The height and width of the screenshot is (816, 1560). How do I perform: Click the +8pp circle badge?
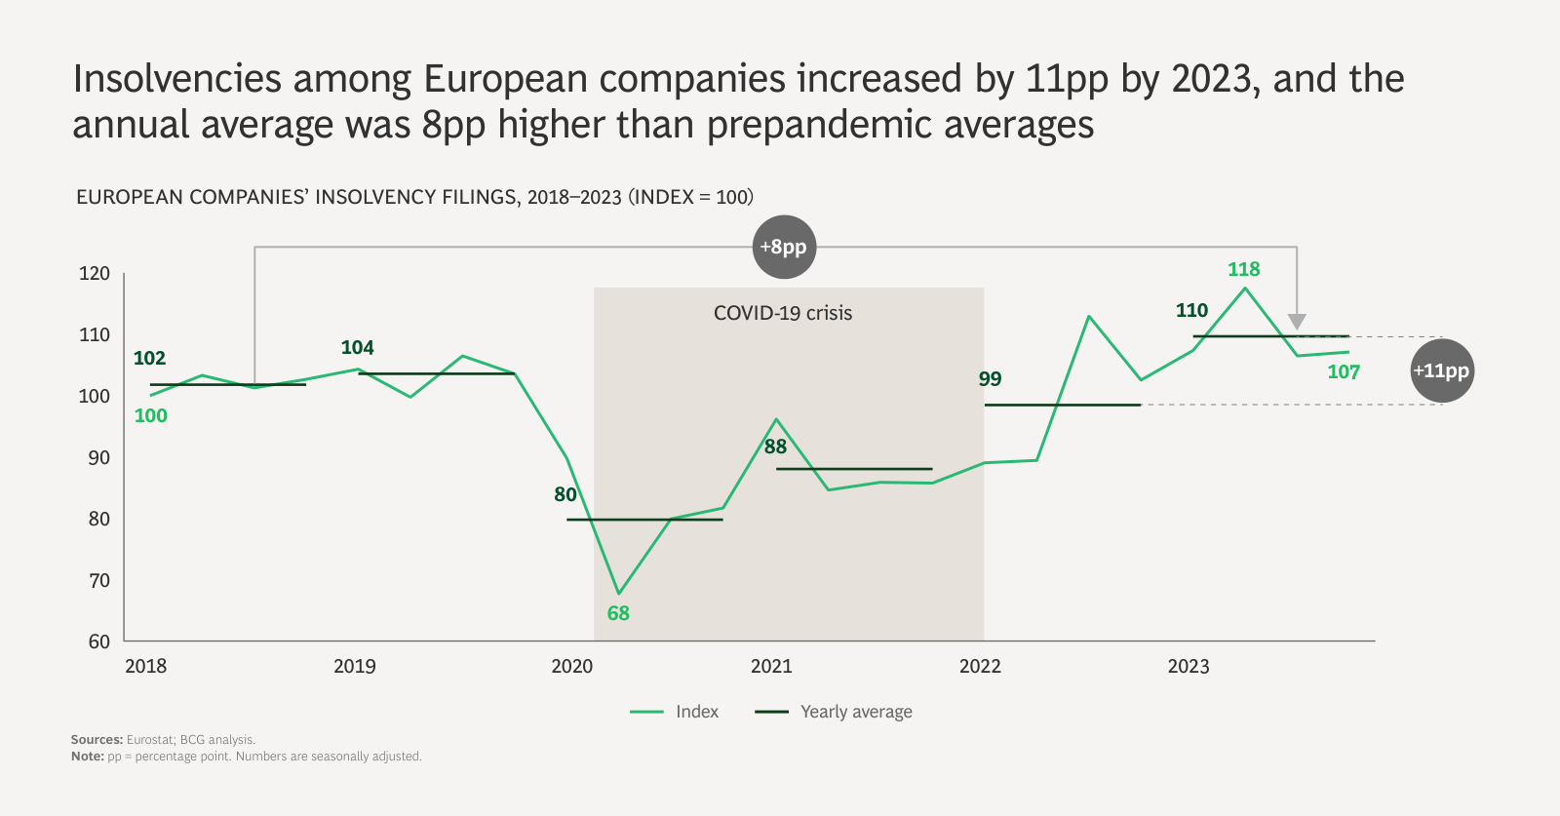(x=784, y=247)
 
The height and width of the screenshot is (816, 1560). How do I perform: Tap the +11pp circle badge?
(x=1441, y=370)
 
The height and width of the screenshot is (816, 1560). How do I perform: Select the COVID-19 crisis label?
(x=783, y=313)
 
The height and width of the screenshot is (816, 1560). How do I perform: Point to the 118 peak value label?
(x=1243, y=269)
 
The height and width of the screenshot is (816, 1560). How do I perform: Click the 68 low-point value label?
(x=618, y=613)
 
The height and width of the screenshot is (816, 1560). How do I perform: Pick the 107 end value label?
(x=1343, y=371)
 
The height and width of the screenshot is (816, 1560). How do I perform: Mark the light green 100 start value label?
(x=151, y=415)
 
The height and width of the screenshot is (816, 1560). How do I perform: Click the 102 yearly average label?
(x=149, y=358)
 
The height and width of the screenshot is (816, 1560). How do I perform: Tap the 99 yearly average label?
(x=990, y=378)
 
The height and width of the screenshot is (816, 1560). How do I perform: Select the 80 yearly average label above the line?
(x=565, y=494)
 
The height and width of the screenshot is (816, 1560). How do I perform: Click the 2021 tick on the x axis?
(x=771, y=666)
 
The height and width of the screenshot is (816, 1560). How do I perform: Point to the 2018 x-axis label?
(x=146, y=666)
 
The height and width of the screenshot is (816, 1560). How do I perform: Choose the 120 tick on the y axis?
(x=95, y=273)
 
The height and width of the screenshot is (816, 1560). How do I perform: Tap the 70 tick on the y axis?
(x=99, y=580)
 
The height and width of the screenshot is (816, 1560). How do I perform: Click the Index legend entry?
(x=675, y=712)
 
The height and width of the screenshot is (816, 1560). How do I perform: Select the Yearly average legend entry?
(x=835, y=712)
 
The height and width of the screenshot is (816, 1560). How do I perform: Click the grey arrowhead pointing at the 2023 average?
(x=1296, y=322)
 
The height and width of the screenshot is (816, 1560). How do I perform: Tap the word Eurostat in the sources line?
(x=150, y=740)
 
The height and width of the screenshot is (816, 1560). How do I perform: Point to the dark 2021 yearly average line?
(x=854, y=469)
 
